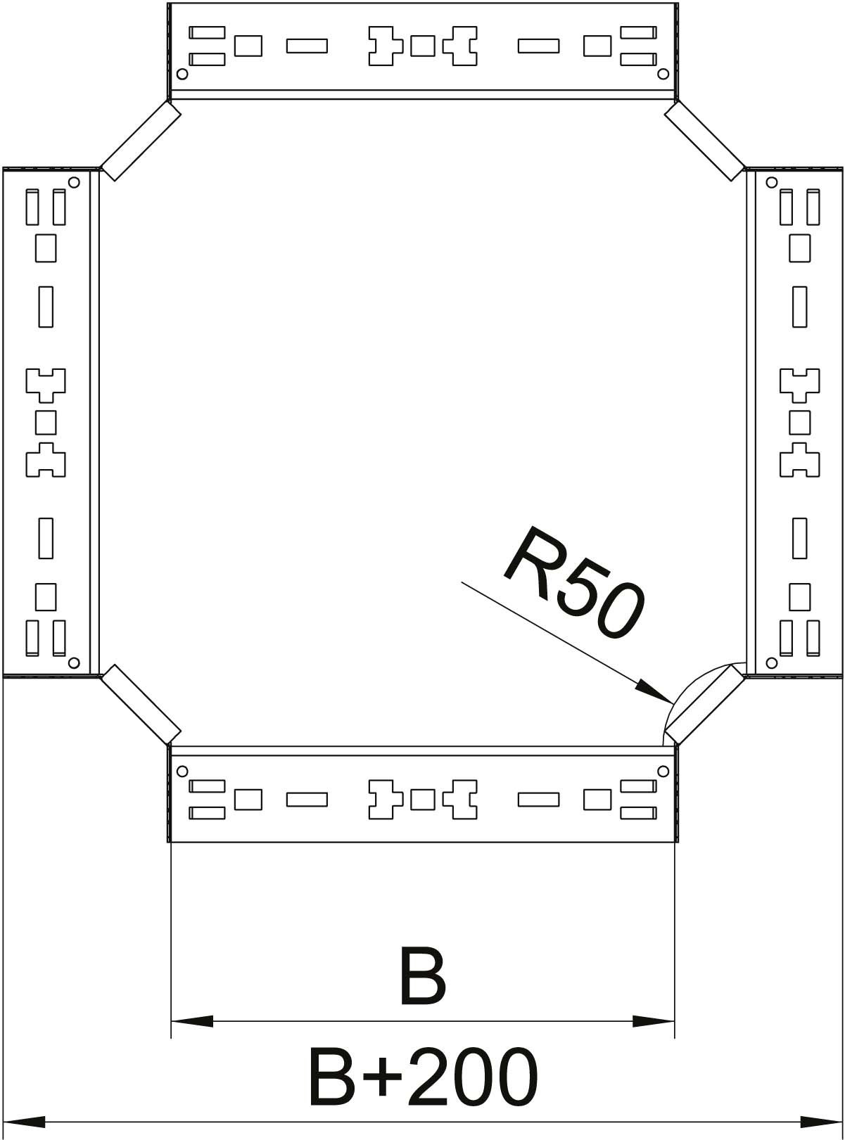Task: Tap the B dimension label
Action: [x=422, y=977]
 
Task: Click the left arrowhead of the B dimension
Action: [x=191, y=1020]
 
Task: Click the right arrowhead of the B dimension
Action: [x=654, y=1020]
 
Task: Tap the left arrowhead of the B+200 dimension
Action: [x=25, y=1121]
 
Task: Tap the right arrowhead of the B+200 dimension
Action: [x=820, y=1121]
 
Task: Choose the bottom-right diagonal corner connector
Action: [x=704, y=705]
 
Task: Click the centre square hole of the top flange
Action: [x=422, y=46]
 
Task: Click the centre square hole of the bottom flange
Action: [x=422, y=800]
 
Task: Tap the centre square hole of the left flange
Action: [x=46, y=422]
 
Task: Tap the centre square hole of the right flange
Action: [x=799, y=422]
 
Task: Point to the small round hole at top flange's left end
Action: [x=182, y=74]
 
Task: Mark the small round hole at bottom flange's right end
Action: [x=662, y=771]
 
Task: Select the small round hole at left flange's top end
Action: [x=75, y=182]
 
